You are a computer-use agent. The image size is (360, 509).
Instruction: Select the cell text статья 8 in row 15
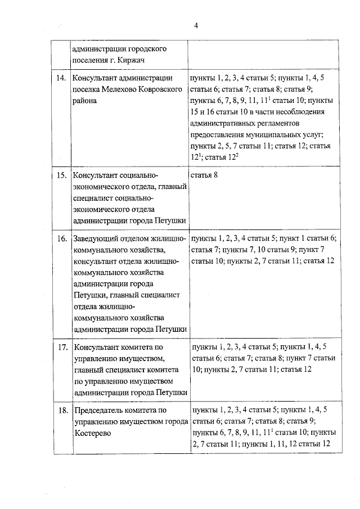pyautogui.click(x=205, y=176)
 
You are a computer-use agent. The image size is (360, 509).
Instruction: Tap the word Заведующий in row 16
pyautogui.click(x=97, y=239)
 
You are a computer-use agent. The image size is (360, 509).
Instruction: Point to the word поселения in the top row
pyautogui.click(x=91, y=61)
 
